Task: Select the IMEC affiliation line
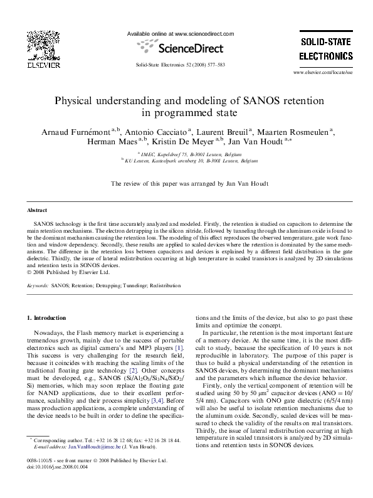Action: (x=186, y=154)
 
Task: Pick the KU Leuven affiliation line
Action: (x=186, y=161)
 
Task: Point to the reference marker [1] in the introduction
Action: (x=179, y=347)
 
